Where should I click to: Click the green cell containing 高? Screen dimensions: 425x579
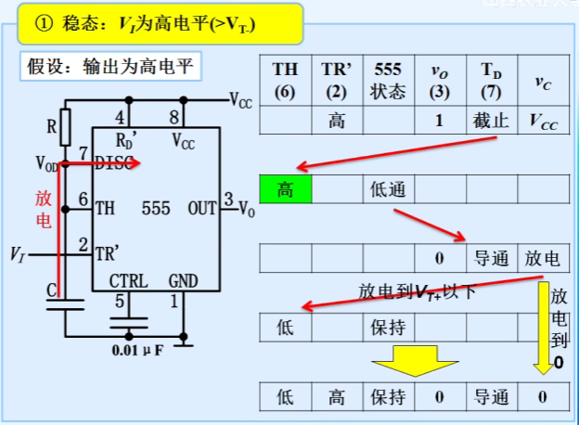[286, 189]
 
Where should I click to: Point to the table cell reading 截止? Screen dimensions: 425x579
[492, 121]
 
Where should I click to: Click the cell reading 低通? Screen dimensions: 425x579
[388, 189]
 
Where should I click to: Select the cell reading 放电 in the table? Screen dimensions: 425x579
[543, 258]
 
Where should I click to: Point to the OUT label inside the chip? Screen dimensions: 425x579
[201, 209]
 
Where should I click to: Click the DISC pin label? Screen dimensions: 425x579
[113, 163]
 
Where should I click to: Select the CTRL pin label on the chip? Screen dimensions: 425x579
[128, 280]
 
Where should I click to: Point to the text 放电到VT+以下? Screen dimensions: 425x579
[417, 292]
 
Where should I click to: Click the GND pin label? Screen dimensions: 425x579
[183, 280]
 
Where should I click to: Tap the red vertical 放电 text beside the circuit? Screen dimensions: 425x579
[44, 208]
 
